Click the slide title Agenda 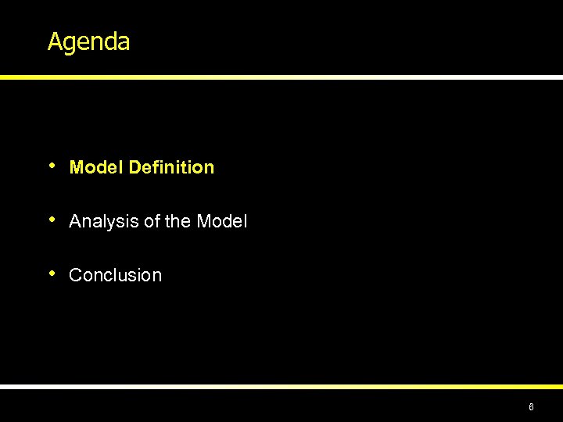pyautogui.click(x=88, y=42)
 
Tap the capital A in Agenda pyautogui.click(x=54, y=41)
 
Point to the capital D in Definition pyautogui.click(x=135, y=167)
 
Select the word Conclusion pyautogui.click(x=116, y=275)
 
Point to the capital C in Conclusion pyautogui.click(x=75, y=275)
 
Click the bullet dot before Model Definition pyautogui.click(x=52, y=166)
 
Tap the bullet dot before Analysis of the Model pyautogui.click(x=52, y=220)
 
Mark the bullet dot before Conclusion pyautogui.click(x=52, y=274)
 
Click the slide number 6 pyautogui.click(x=531, y=407)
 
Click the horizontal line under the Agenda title pyautogui.click(x=281, y=77)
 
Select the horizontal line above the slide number pyautogui.click(x=281, y=386)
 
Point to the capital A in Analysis pyautogui.click(x=75, y=222)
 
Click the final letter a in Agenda pyautogui.click(x=123, y=43)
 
